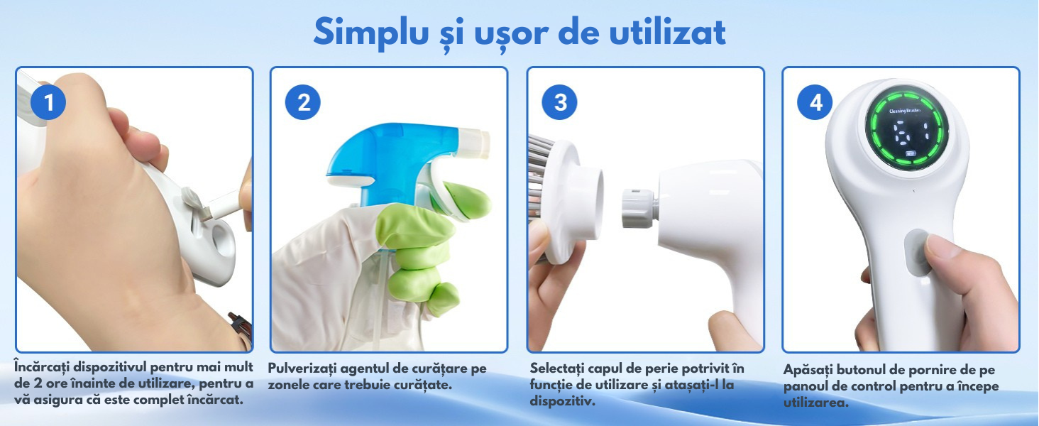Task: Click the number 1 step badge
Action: tap(48, 102)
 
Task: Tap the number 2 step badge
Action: tap(303, 102)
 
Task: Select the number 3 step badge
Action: tap(560, 102)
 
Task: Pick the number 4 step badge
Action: tap(815, 102)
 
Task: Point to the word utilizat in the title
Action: tap(667, 32)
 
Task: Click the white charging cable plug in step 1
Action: tap(224, 207)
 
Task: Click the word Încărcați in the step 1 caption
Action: tap(41, 367)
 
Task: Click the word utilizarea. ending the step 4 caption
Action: tap(816, 403)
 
